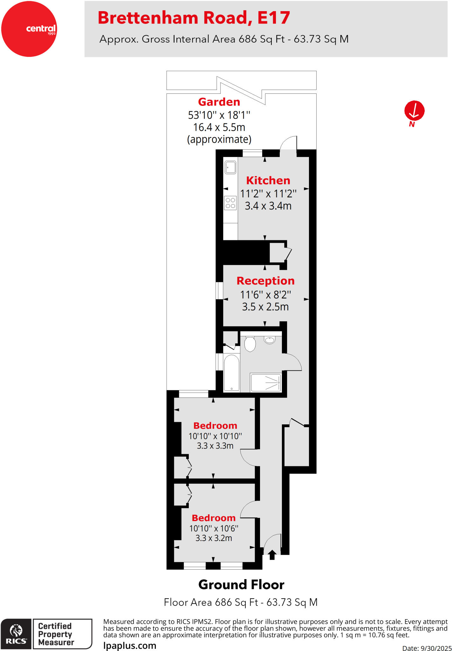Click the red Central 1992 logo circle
(29, 29)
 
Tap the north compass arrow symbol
(414, 111)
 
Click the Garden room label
(219, 102)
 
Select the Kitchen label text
(268, 181)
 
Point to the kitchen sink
(230, 167)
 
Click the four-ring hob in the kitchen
(230, 203)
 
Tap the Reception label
(265, 281)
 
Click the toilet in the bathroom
(250, 344)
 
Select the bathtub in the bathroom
(231, 372)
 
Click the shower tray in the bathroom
(266, 382)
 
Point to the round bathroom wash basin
(270, 340)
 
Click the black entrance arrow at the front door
(272, 555)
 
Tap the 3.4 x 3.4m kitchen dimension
(268, 206)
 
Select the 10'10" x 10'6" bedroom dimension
(214, 528)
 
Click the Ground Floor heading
(241, 585)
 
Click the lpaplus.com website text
(130, 646)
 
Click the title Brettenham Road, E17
(194, 18)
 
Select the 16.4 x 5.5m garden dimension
(219, 127)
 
